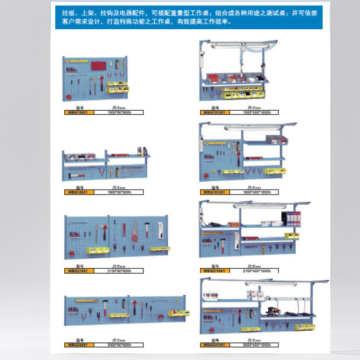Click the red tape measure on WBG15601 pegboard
pyautogui.click(x=68, y=96)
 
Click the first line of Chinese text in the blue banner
pyautogui.click(x=189, y=13)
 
